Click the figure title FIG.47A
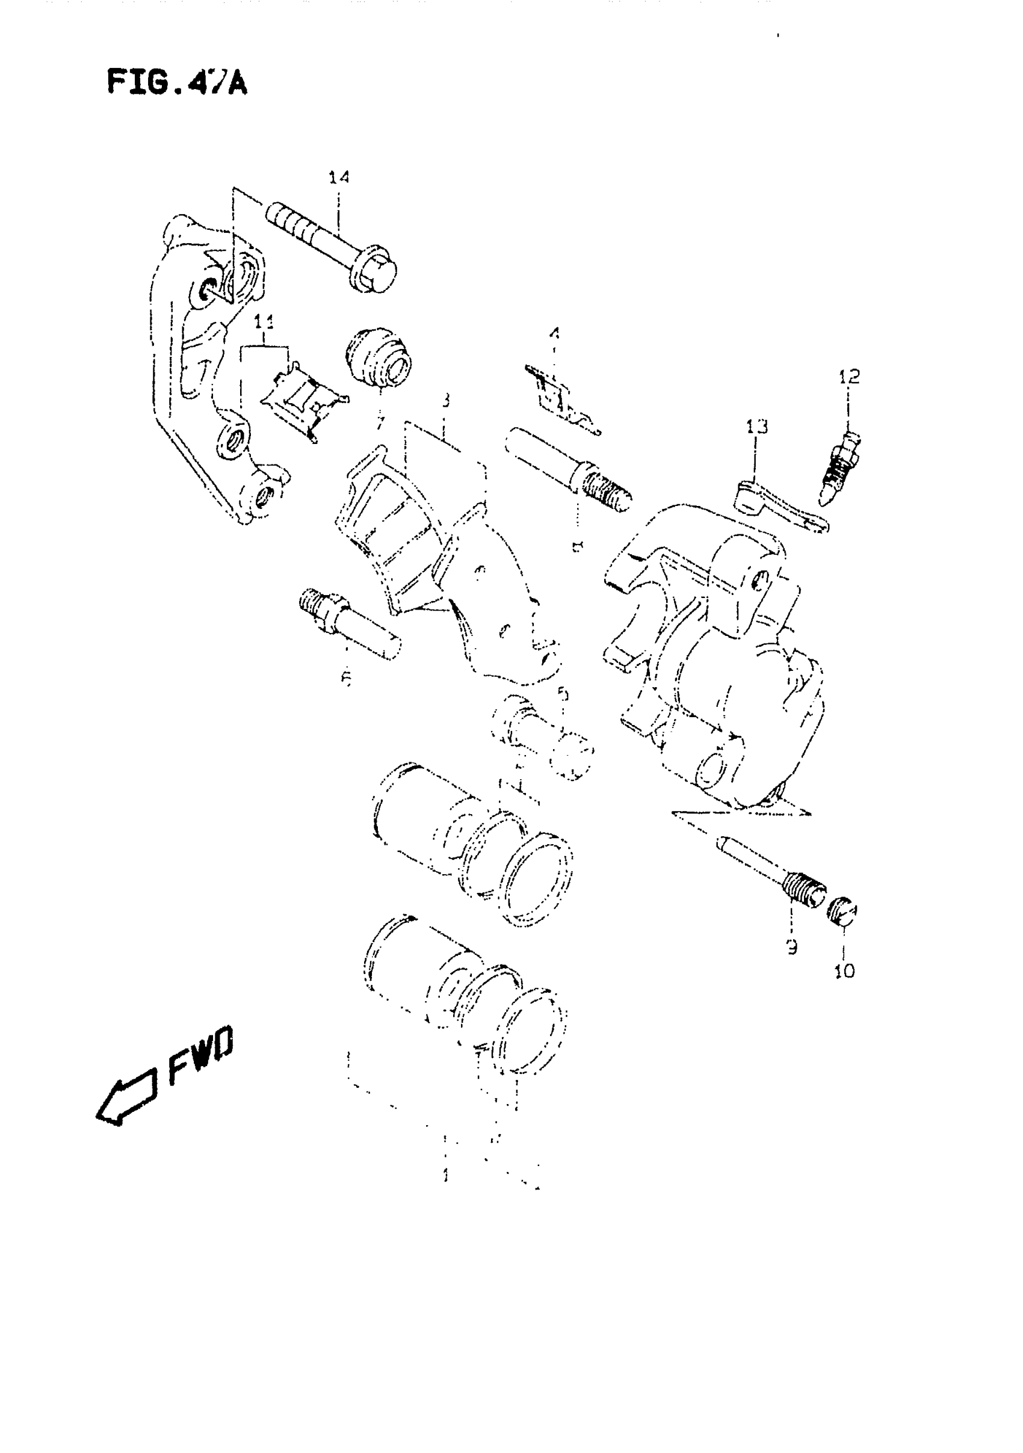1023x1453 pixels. (177, 83)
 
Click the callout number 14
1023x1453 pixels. (339, 177)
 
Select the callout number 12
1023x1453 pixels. (850, 377)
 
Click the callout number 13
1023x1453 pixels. (756, 427)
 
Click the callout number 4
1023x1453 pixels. (555, 332)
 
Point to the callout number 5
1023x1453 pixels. (563, 694)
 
